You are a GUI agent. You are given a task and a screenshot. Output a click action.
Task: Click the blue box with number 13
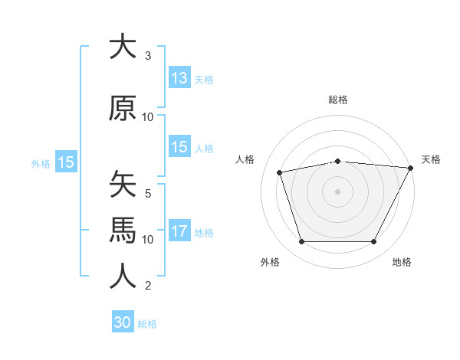tap(179, 78)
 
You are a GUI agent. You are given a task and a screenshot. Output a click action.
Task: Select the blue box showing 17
tap(179, 231)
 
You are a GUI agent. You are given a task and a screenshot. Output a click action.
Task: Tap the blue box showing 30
tap(123, 322)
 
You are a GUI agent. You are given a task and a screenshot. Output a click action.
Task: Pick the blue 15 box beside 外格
tap(65, 162)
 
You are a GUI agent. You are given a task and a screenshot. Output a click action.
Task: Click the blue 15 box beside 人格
tap(179, 147)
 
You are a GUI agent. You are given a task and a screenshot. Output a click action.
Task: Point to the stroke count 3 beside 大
tap(148, 56)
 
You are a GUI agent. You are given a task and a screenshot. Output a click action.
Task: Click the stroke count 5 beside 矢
tap(148, 194)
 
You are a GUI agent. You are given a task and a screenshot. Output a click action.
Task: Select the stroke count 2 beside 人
tap(148, 286)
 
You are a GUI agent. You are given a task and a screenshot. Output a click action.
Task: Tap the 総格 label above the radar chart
tap(338, 100)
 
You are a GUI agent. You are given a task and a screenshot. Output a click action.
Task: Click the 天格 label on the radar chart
tap(431, 159)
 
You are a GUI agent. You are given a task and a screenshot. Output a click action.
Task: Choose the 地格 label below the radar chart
tap(402, 262)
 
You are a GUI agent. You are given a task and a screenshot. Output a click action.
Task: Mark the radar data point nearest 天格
tap(412, 168)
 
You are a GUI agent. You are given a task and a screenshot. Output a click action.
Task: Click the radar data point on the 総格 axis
tap(338, 161)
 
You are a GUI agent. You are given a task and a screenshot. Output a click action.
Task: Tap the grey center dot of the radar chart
tap(338, 191)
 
